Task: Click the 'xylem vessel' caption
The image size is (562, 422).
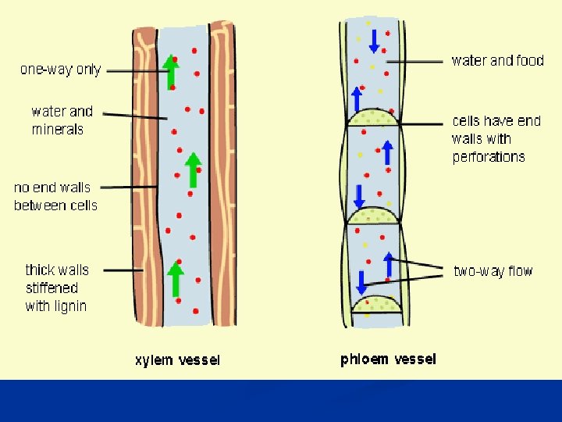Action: (x=177, y=360)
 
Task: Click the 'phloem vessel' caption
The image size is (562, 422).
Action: (x=388, y=359)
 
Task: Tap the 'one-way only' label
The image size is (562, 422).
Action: (x=60, y=70)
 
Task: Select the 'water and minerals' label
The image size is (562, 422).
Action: (x=62, y=120)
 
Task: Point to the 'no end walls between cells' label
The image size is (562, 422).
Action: (x=55, y=196)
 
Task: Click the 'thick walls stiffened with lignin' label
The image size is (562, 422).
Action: (x=57, y=288)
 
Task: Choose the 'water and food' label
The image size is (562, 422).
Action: (x=497, y=60)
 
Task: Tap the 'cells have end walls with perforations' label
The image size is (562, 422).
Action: (x=496, y=138)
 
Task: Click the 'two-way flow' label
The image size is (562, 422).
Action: (x=493, y=271)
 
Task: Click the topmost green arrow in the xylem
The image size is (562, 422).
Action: (x=171, y=72)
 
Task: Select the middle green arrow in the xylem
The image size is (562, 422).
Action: (x=193, y=170)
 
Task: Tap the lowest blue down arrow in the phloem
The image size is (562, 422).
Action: (x=361, y=281)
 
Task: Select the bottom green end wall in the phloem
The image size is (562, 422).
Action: (x=379, y=304)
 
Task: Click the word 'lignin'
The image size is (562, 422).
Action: (x=69, y=306)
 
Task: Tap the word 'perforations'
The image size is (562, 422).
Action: (x=489, y=156)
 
